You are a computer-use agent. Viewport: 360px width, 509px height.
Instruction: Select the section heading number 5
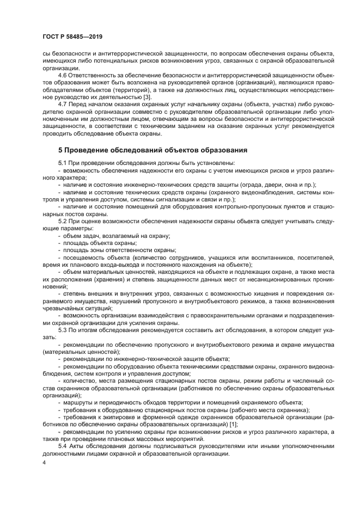click(60, 149)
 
